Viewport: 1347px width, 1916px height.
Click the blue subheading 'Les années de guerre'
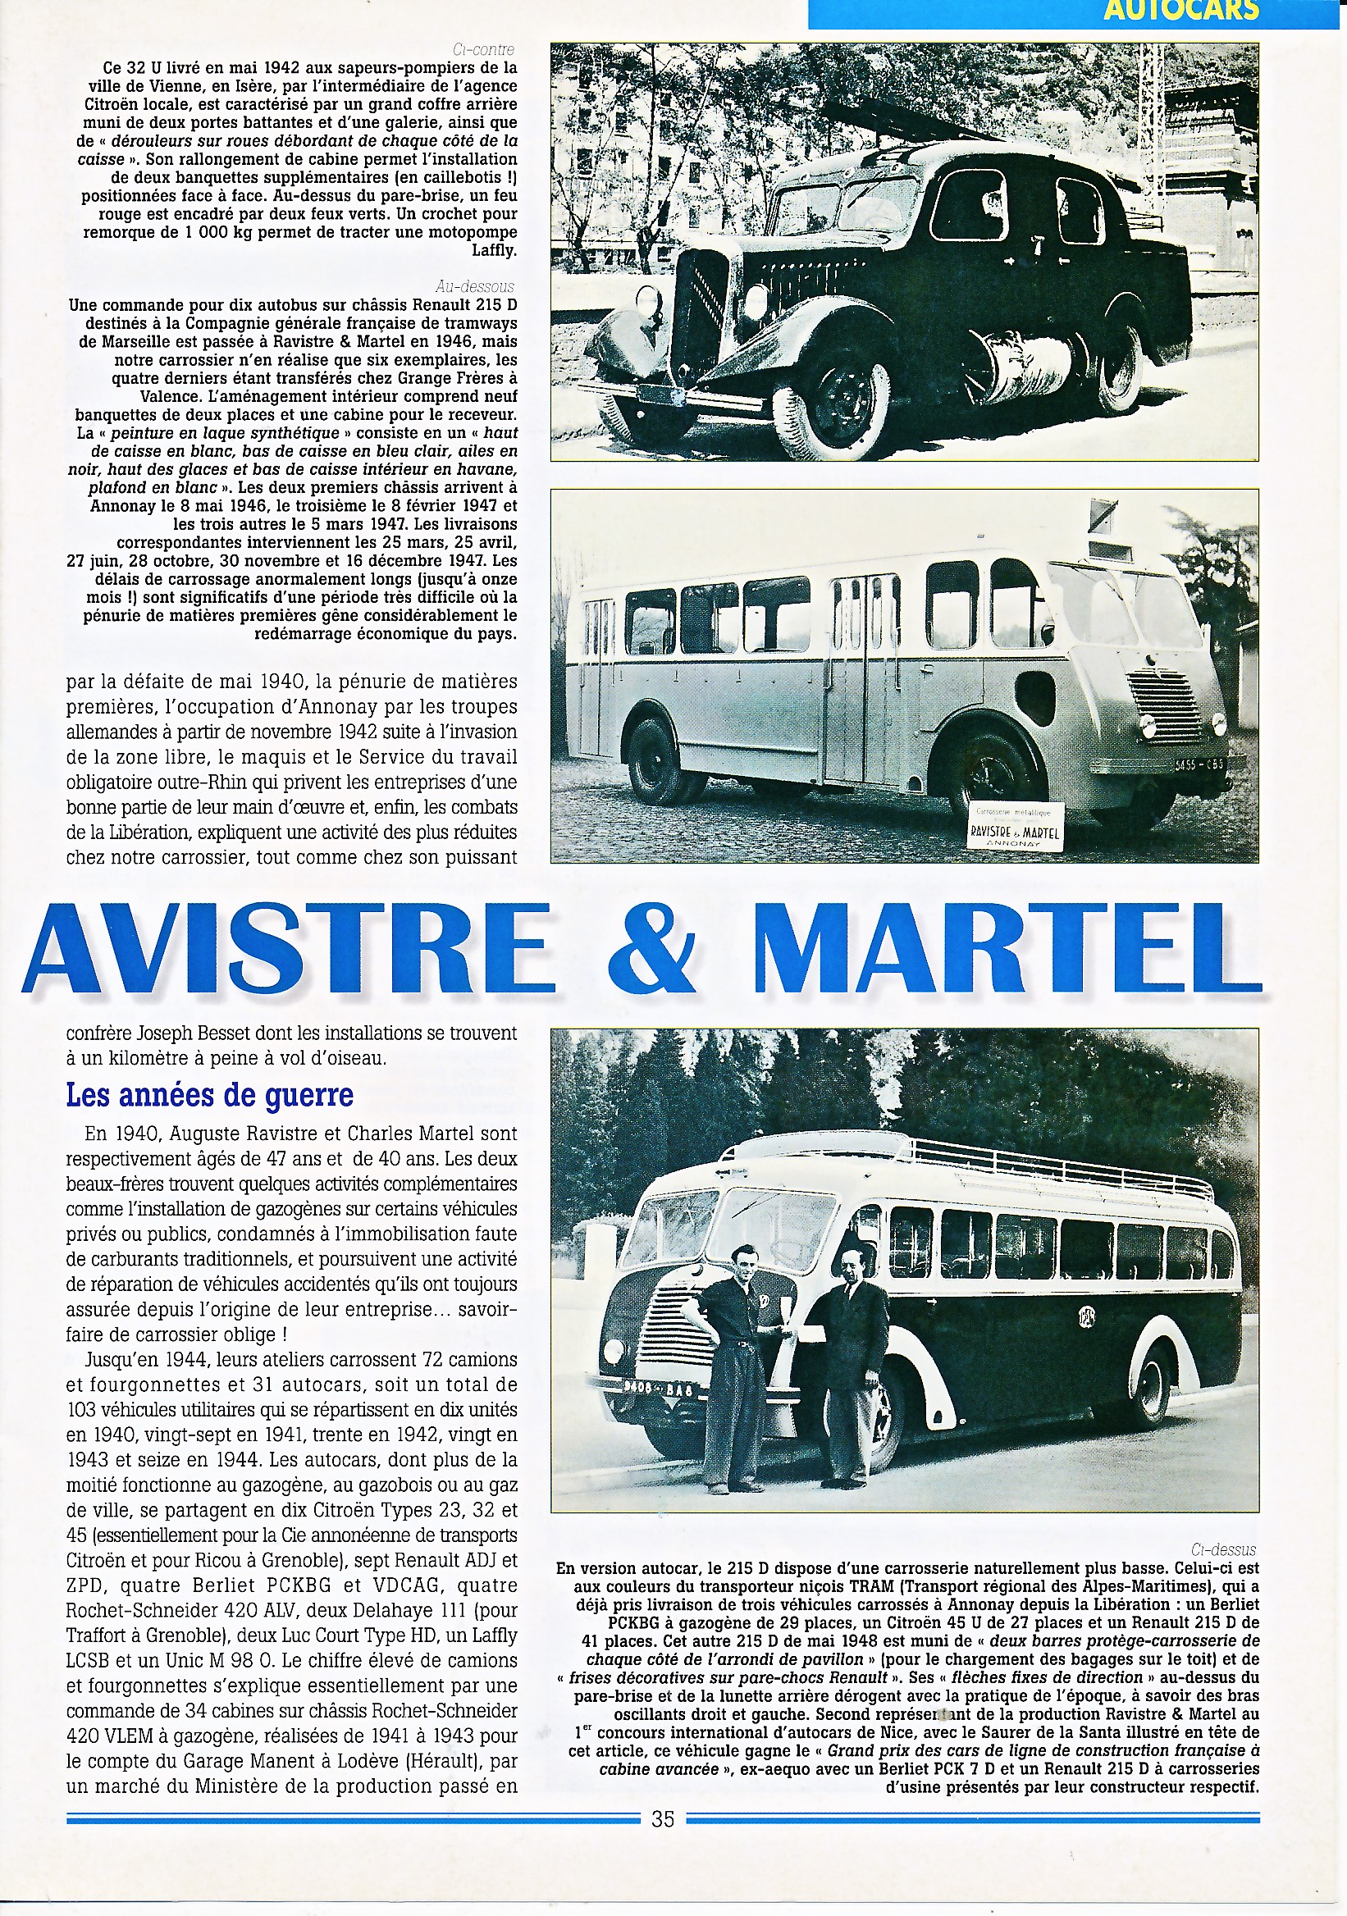pyautogui.click(x=209, y=1095)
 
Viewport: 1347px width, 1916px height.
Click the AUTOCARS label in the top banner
pyautogui.click(x=1180, y=11)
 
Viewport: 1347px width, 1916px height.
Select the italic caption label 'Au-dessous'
pyautogui.click(x=475, y=287)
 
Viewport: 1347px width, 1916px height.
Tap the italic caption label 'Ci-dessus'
pyautogui.click(x=1223, y=1549)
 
